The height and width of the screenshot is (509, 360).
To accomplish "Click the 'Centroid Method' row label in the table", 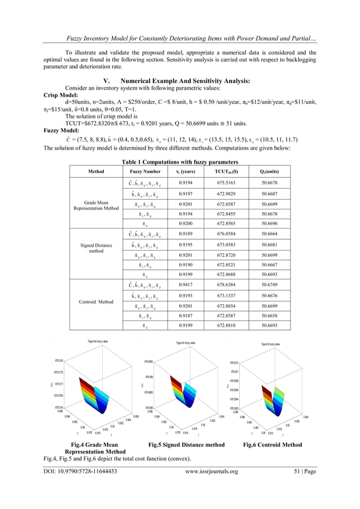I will (x=95, y=301).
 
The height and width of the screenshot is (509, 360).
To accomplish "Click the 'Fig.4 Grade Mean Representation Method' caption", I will (x=95, y=448).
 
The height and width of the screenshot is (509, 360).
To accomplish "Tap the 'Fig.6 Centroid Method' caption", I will (x=272, y=445).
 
